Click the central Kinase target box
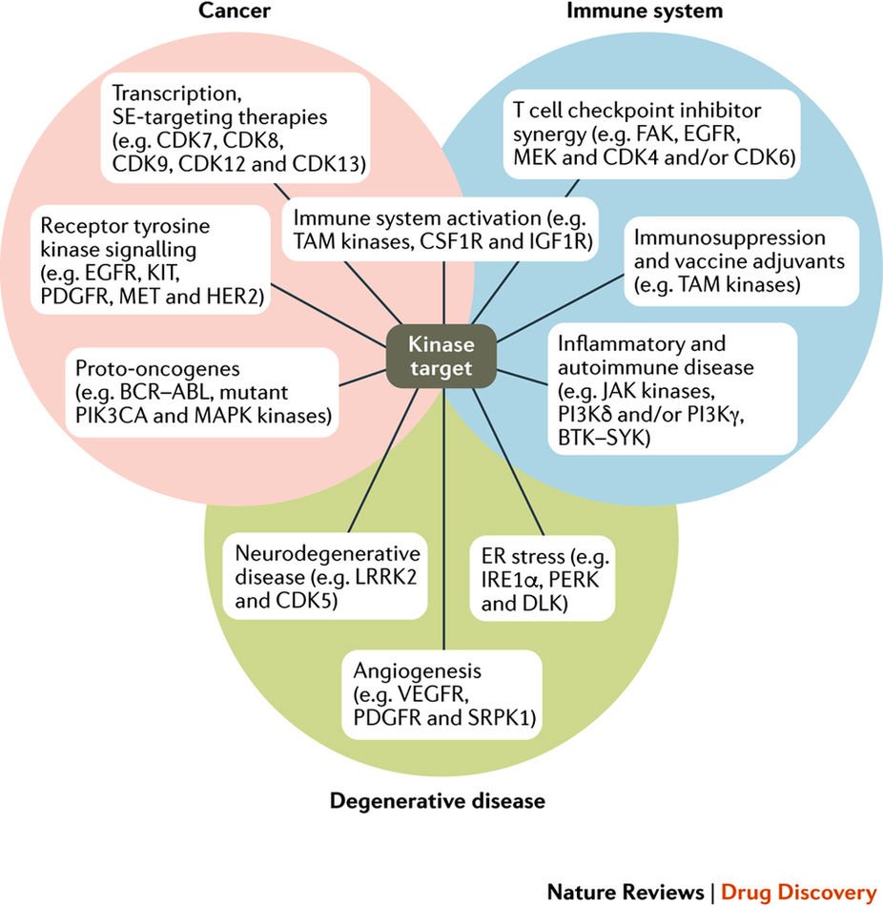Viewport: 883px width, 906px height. (441, 356)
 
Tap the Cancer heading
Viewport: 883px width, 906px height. (234, 10)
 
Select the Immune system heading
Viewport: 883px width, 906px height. (645, 10)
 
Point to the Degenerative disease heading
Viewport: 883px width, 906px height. (438, 801)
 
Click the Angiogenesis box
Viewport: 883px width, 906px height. (442, 694)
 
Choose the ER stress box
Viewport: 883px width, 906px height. (542, 580)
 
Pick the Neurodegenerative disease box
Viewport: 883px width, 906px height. (325, 576)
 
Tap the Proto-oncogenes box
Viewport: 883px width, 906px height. (202, 392)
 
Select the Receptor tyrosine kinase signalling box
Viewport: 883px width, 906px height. (151, 260)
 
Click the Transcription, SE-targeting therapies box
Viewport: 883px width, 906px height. (236, 128)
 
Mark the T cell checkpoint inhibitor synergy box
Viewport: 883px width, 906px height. (652, 134)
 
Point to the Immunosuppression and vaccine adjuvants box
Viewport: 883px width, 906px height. (742, 261)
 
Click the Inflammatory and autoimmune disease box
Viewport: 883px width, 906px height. (672, 389)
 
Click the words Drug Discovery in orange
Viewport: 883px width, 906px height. (799, 892)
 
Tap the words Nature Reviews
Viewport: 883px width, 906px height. (626, 892)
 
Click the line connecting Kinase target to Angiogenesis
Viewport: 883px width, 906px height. (443, 519)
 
